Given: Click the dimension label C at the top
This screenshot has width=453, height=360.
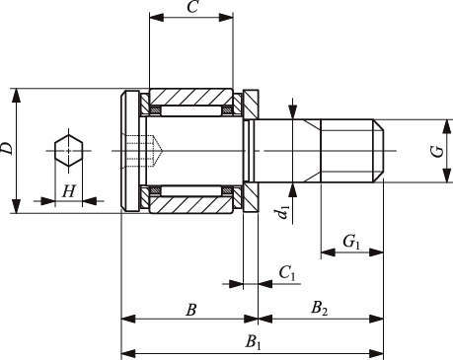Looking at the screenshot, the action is (x=192, y=7).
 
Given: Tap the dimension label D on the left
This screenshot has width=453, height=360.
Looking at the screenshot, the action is (x=7, y=149).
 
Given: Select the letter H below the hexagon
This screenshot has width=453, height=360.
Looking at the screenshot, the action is (x=69, y=191).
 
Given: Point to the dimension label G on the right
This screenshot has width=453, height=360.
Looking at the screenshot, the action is (x=438, y=152).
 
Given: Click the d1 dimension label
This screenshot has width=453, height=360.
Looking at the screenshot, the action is (x=282, y=212).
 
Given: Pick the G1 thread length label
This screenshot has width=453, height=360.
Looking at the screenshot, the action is (x=352, y=243).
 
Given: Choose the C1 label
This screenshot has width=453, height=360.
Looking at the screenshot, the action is (x=287, y=273).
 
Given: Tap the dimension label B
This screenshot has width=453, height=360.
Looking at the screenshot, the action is (x=191, y=310).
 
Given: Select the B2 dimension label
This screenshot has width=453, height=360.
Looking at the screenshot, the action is (x=320, y=309).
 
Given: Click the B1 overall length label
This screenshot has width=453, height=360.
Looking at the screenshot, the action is (x=254, y=342).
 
